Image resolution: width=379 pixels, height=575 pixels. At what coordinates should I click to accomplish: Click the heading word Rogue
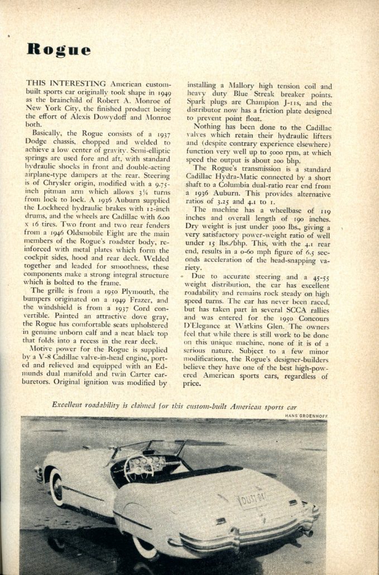coord(59,50)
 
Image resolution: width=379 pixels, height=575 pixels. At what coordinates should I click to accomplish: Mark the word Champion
coord(270,103)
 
